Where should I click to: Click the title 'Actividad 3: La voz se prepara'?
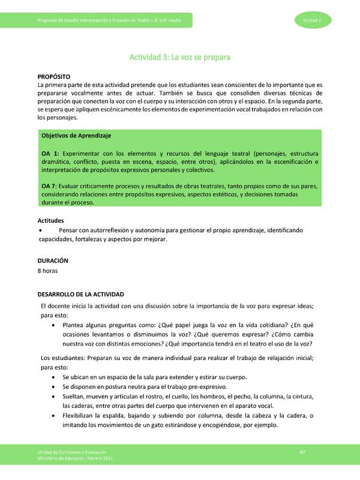(180, 58)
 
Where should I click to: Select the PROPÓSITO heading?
(54, 77)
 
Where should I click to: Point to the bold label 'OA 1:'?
(50, 154)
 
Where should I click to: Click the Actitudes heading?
(51, 221)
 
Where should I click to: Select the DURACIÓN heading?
(52, 261)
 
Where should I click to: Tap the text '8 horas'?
(49, 271)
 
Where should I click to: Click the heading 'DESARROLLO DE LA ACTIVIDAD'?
(80, 295)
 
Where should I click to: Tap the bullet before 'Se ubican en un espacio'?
(55, 377)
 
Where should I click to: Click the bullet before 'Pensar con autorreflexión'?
(40, 230)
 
